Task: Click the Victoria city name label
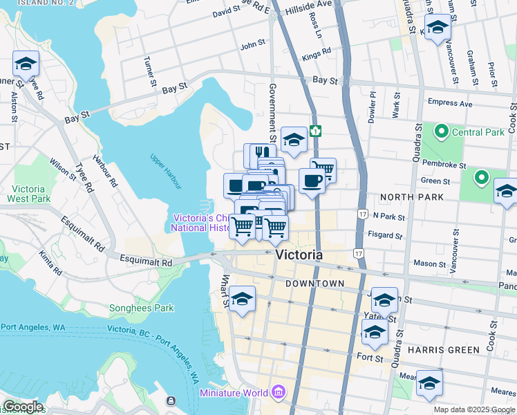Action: pyautogui.click(x=299, y=255)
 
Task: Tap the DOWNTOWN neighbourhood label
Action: pyautogui.click(x=315, y=284)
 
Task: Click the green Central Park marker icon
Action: pyautogui.click(x=440, y=131)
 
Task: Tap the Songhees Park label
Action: pyautogui.click(x=141, y=308)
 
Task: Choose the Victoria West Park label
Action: pyautogui.click(x=29, y=194)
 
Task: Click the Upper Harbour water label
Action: pyautogui.click(x=166, y=171)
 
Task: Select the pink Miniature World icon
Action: pyautogui.click(x=279, y=393)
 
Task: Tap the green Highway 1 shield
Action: pyautogui.click(x=315, y=130)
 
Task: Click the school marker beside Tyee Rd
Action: pyautogui.click(x=26, y=65)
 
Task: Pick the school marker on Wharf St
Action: pyautogui.click(x=242, y=299)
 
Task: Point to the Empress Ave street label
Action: pyautogui.click(x=450, y=103)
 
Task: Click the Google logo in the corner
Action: pyautogui.click(x=22, y=407)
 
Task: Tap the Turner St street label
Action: pyautogui.click(x=149, y=73)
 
